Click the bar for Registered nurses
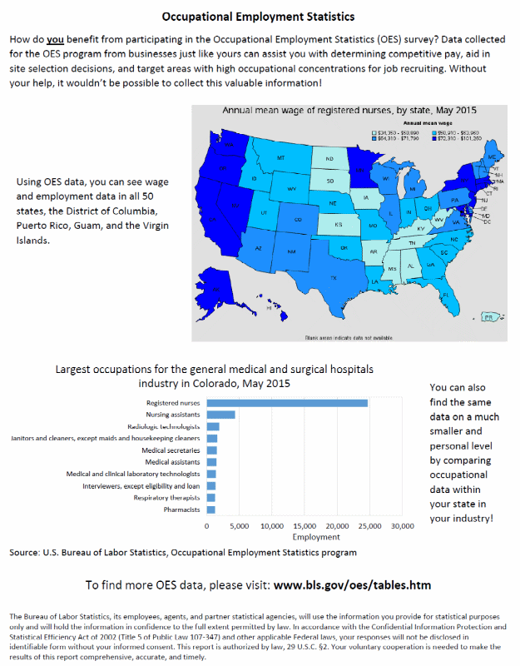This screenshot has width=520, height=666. (x=287, y=403)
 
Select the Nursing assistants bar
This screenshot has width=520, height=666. (x=220, y=415)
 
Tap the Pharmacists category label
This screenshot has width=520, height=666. (x=181, y=509)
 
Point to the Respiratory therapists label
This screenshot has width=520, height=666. (x=166, y=498)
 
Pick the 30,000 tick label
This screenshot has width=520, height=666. (x=403, y=527)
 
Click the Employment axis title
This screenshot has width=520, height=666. (x=305, y=538)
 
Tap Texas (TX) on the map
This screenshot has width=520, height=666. (x=334, y=277)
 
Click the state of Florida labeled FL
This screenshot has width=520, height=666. (x=446, y=295)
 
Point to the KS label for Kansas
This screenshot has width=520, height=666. (x=338, y=225)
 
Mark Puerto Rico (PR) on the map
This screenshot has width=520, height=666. (x=489, y=317)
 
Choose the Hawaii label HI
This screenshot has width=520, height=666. (x=269, y=308)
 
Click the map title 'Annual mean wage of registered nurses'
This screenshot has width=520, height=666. (x=349, y=111)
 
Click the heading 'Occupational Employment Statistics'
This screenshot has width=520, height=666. (x=258, y=17)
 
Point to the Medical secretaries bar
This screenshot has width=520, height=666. (x=211, y=450)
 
